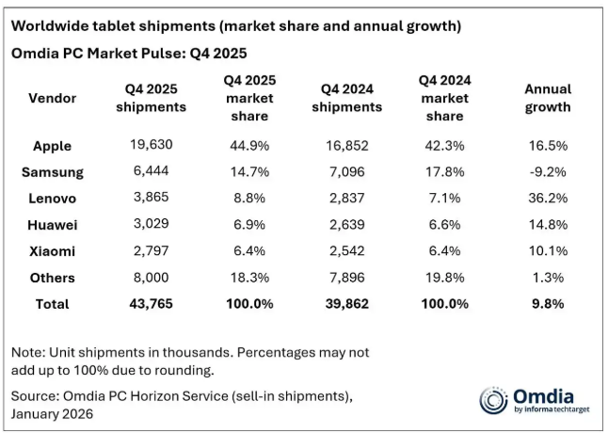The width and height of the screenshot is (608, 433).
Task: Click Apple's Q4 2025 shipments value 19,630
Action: (x=151, y=146)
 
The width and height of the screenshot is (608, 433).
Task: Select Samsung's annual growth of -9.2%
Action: (x=547, y=172)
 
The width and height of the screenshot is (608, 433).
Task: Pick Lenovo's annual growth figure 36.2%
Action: (x=547, y=199)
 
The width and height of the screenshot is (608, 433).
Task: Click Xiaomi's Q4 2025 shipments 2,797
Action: (x=151, y=251)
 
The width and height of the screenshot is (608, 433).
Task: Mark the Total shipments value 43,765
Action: (x=151, y=304)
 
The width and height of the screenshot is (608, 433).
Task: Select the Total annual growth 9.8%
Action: (x=547, y=304)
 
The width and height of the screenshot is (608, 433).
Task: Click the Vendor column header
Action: (x=53, y=98)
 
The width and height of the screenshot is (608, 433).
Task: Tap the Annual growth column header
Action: (x=547, y=98)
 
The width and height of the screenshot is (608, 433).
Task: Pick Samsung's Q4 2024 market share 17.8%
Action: (x=444, y=172)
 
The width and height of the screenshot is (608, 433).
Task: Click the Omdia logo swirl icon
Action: (x=494, y=399)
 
